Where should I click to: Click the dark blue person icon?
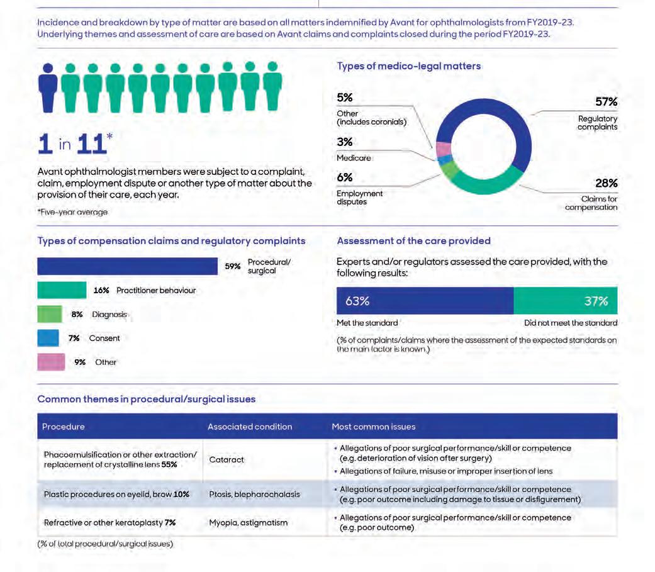48,87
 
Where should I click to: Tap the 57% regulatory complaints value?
606,101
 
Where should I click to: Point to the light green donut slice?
449,169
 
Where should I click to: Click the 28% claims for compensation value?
606,183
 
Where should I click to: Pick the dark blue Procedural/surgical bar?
127,266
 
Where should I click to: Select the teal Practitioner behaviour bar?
62,290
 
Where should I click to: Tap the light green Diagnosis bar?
50,314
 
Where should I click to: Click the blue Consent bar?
48,338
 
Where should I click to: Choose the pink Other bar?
51,362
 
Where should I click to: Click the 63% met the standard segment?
425,300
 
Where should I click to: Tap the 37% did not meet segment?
565,300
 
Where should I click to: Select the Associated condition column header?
250,427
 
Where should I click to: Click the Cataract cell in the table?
227,459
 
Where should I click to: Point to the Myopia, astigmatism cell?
248,523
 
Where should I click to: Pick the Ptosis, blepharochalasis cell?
254,494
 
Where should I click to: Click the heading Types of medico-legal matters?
408,67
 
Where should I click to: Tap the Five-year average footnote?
73,212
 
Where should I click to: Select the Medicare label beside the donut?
354,158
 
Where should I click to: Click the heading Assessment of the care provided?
413,241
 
